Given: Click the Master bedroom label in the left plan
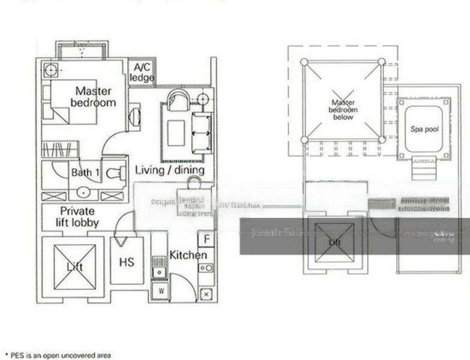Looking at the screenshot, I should click(93, 97).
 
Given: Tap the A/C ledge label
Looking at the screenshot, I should click(142, 73).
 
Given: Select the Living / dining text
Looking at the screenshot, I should click(169, 170).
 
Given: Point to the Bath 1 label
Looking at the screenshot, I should click(86, 173).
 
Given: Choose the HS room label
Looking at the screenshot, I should click(127, 262).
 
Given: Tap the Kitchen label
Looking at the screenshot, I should click(188, 255).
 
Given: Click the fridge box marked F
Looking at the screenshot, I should click(206, 239).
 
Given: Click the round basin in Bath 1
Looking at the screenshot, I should click(82, 193).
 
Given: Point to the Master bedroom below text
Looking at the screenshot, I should click(343, 110).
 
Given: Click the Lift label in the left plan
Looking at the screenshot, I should click(75, 266).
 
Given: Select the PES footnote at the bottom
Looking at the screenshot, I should click(58, 355).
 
